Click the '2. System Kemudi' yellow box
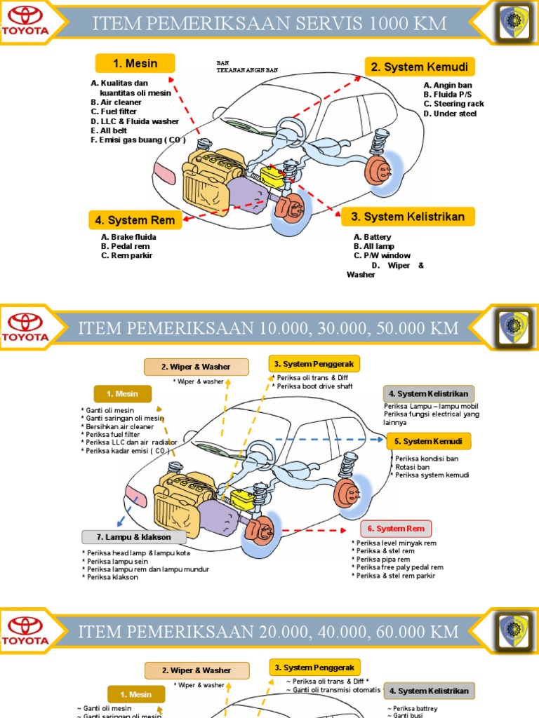pyautogui.click(x=420, y=67)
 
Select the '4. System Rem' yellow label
pyautogui.click(x=135, y=220)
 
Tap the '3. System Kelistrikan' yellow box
pyautogui.click(x=408, y=217)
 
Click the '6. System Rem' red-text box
pyautogui.click(x=396, y=528)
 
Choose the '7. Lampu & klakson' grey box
pyautogui.click(x=133, y=537)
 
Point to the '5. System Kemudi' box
pyautogui.click(x=428, y=441)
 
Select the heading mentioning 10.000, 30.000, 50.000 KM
pyautogui.click(x=268, y=327)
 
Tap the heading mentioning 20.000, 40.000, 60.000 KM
pyautogui.click(x=268, y=632)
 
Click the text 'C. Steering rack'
pyautogui.click(x=453, y=104)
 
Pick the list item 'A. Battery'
pyautogui.click(x=373, y=237)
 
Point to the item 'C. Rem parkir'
pyautogui.click(x=126, y=255)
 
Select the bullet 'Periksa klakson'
pyautogui.click(x=112, y=577)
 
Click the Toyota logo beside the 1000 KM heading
pyautogui.click(x=28, y=24)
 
